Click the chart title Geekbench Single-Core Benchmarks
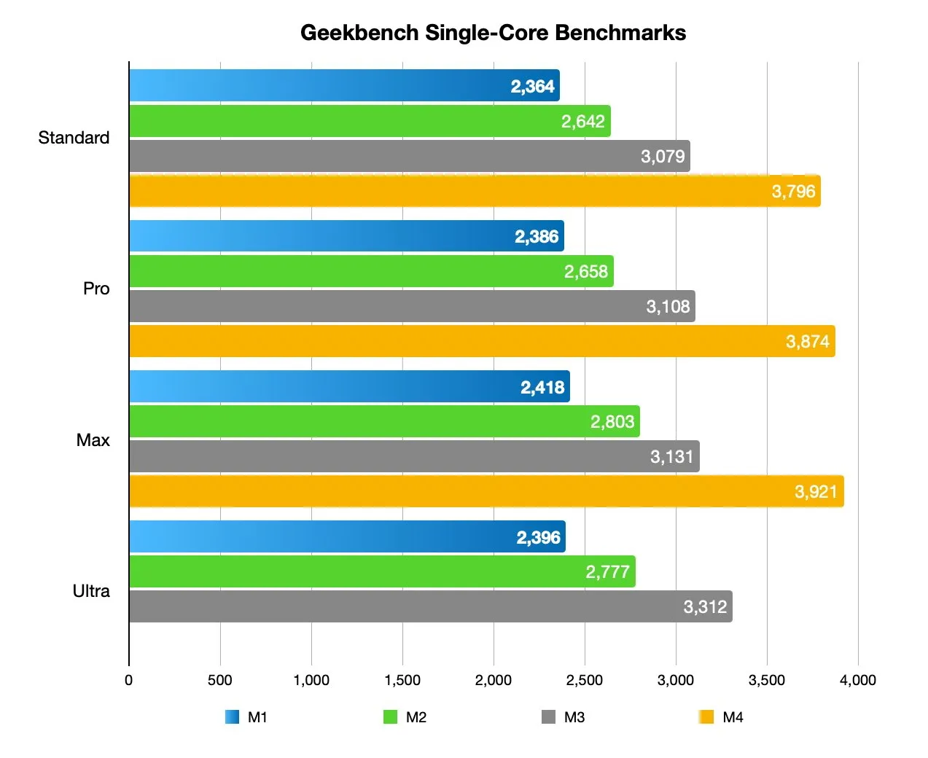[x=493, y=33]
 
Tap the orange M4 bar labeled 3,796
[x=474, y=192]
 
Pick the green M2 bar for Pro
[x=371, y=271]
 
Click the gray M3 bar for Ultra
[x=430, y=606]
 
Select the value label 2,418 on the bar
[x=542, y=387]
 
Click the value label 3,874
[x=807, y=342]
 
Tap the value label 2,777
[x=607, y=572]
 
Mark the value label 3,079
[x=663, y=157]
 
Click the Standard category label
[x=74, y=138]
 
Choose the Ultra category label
[x=91, y=591]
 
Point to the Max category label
[x=93, y=440]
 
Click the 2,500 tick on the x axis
[x=584, y=681]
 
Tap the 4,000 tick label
[x=857, y=681]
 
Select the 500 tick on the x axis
[x=219, y=681]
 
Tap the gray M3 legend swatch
[x=548, y=717]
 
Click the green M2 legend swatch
[x=390, y=717]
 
